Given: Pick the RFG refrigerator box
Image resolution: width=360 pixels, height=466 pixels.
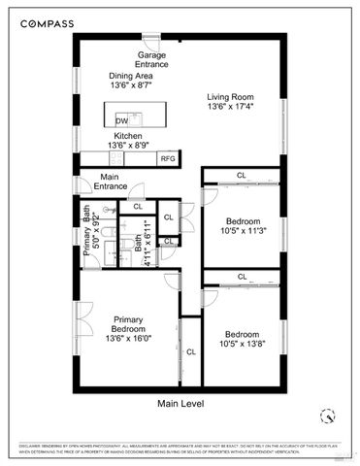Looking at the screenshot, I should [167, 157].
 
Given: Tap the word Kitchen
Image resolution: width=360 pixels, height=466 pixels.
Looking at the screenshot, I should [128, 136].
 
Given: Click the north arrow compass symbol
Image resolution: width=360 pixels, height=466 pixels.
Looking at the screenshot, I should [328, 416].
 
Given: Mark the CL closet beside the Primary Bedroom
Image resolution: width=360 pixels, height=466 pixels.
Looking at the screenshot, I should [190, 350].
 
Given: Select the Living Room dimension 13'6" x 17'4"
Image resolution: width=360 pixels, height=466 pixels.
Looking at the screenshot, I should [233, 107].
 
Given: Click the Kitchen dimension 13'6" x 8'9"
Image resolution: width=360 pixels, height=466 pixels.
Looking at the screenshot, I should [128, 146].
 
